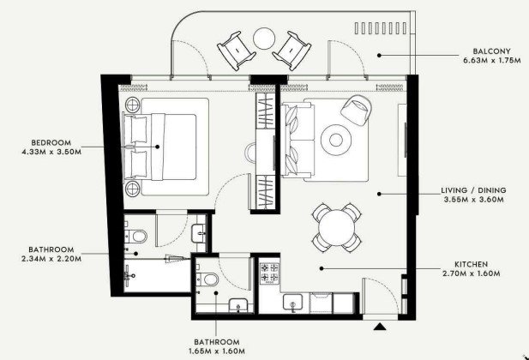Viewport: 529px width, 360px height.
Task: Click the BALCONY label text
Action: tap(491, 51)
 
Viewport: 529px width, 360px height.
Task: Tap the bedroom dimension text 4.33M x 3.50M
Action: tap(51, 152)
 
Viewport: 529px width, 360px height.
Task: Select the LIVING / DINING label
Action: tap(473, 190)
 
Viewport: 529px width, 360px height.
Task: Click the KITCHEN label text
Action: tap(471, 264)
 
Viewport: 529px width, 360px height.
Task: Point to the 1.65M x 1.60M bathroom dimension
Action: tap(217, 351)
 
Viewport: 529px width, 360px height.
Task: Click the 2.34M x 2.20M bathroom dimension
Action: tap(51, 259)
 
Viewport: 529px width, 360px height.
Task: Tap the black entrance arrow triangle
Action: tap(380, 326)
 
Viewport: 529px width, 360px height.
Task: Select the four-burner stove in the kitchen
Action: tap(269, 273)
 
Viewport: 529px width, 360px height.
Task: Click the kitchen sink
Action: tap(292, 303)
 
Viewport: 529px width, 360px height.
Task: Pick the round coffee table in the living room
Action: tap(336, 140)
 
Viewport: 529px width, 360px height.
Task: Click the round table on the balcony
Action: tap(264, 39)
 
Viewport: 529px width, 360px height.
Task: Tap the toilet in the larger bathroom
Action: tap(136, 235)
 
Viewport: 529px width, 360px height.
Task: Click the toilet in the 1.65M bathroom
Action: tap(207, 279)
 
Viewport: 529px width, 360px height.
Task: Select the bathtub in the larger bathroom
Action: tap(157, 275)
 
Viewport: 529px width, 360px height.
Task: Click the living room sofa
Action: tap(298, 140)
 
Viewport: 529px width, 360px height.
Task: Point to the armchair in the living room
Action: tap(357, 110)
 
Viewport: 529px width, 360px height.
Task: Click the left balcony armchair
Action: tap(236, 50)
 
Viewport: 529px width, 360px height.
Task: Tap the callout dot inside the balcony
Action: tap(379, 55)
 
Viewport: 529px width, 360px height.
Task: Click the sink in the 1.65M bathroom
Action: tap(238, 305)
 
